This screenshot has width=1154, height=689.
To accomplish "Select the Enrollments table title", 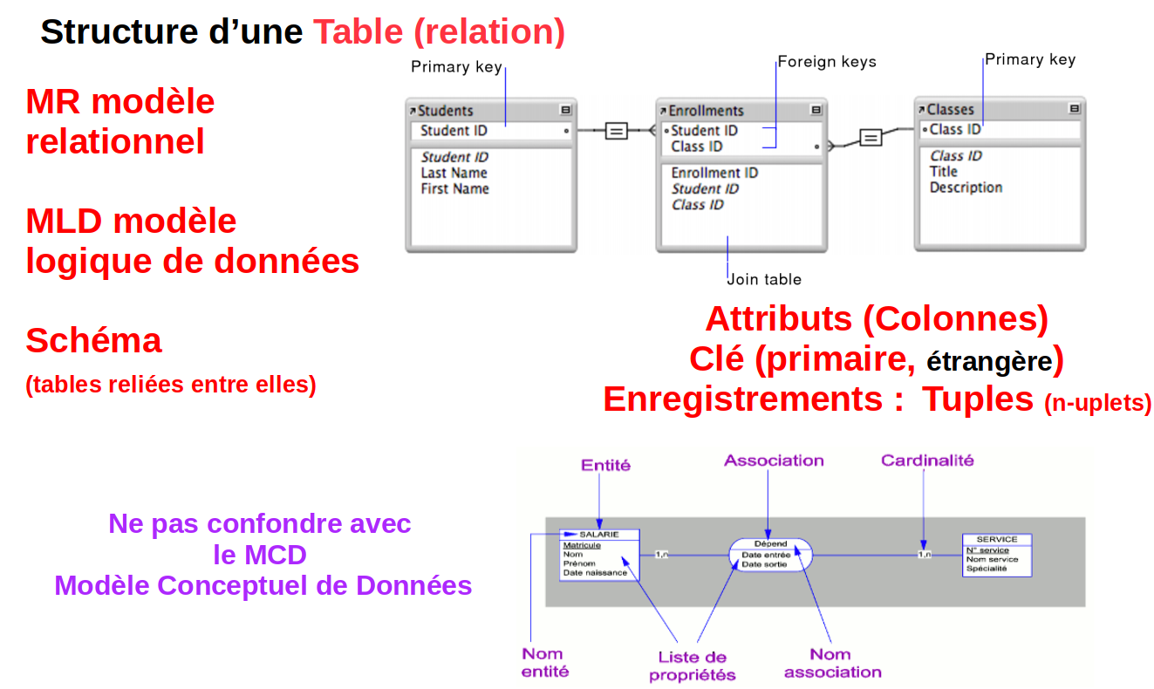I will coord(707,111).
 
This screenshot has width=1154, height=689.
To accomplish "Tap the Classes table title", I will coord(950,110).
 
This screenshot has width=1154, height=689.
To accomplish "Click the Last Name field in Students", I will coord(454,173).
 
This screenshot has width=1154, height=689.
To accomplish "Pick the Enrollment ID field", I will coord(714,173).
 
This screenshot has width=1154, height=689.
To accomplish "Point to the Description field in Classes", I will coord(966,188).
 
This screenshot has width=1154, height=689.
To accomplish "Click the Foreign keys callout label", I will coord(826,62).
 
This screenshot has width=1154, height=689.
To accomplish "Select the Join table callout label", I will coord(765,279).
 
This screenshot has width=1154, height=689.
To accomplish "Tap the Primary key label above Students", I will coord(456,67).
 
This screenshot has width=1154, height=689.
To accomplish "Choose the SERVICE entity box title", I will coord(996,539).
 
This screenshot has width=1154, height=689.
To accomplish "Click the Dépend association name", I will coord(770,543).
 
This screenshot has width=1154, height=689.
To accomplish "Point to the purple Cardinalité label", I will coord(927,460).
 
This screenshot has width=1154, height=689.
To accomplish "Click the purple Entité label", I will coord(605,465).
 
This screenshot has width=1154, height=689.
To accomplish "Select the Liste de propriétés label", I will coord(693,665).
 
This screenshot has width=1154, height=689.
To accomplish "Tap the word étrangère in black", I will coord(989,361).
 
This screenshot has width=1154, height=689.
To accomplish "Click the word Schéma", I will coord(93,340).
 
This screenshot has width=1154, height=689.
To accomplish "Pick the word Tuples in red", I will coord(978,399).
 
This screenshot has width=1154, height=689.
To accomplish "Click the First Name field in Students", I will coord(454,188).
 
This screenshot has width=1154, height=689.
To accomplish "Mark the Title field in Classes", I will coord(943,172).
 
